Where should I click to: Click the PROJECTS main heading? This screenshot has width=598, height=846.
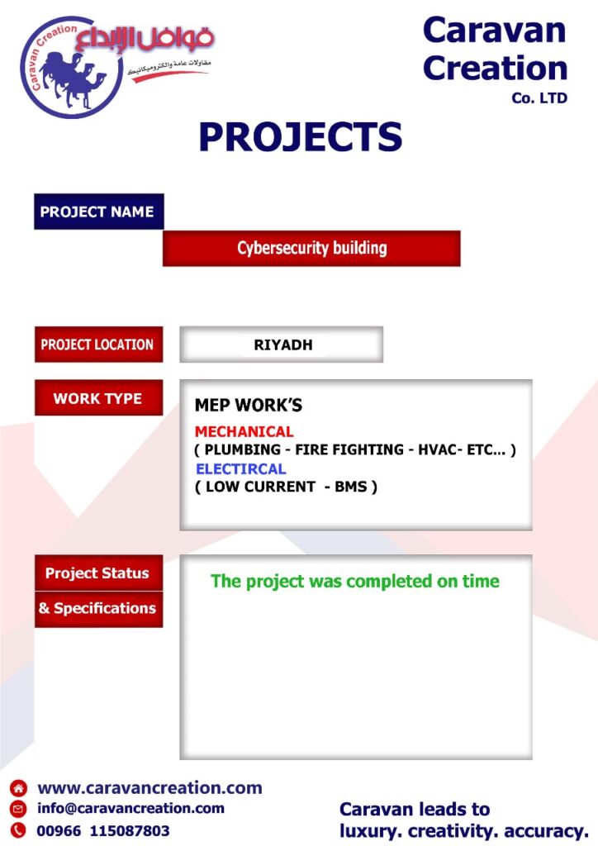click(x=301, y=136)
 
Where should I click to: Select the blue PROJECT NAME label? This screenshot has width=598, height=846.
click(x=98, y=211)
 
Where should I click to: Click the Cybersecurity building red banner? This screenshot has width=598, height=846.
click(x=311, y=248)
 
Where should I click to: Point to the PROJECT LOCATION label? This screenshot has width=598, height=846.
click(x=98, y=345)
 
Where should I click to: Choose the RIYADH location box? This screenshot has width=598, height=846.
click(x=282, y=345)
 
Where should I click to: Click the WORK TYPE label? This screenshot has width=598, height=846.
click(x=98, y=397)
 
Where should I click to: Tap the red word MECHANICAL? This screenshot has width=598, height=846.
click(x=244, y=431)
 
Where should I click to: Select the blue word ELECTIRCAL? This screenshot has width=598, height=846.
click(x=241, y=469)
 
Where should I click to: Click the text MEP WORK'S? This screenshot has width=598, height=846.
click(x=249, y=405)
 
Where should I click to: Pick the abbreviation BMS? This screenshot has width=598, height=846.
click(x=351, y=487)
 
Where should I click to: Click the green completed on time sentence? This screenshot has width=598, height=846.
click(x=355, y=581)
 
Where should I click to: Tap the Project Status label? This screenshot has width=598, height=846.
click(x=98, y=573)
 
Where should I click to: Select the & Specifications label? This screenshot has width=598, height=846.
click(x=98, y=609)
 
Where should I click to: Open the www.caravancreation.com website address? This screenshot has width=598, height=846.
click(x=149, y=787)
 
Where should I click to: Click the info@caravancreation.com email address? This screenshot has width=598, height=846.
click(x=131, y=808)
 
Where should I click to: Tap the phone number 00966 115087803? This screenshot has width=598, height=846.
click(x=103, y=830)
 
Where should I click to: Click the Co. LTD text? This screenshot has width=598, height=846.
click(x=539, y=98)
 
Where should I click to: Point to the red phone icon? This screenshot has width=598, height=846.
click(x=18, y=829)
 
